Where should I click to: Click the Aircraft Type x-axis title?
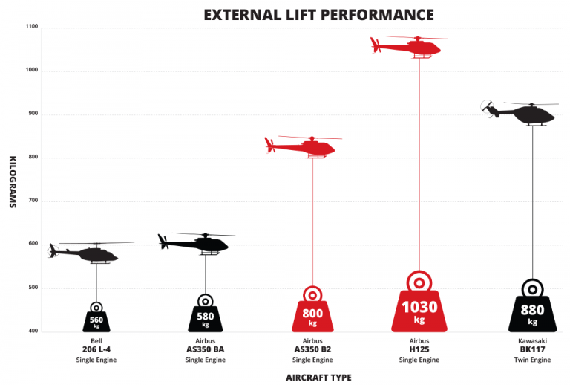click(x=318, y=377)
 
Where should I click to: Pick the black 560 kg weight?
click(x=97, y=320)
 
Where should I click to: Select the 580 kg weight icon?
click(x=206, y=317)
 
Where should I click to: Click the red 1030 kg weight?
click(x=419, y=308)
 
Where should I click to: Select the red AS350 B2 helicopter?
click(x=304, y=146)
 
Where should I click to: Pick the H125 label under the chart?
click(x=419, y=349)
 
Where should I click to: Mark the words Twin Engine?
click(x=532, y=360)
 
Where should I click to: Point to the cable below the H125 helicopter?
click(x=420, y=164)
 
